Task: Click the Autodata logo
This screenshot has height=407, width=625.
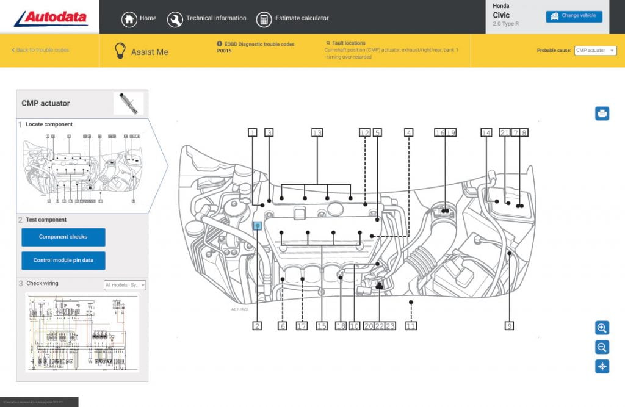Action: [51, 18]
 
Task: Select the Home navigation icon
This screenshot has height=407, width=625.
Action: [129, 19]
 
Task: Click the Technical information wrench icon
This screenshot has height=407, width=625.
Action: [175, 20]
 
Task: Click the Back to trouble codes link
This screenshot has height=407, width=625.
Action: [41, 50]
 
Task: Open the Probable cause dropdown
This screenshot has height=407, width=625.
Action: [595, 51]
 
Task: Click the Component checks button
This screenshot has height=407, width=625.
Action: [63, 237]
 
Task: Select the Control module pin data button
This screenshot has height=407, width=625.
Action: [63, 260]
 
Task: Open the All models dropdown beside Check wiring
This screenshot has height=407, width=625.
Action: [125, 285]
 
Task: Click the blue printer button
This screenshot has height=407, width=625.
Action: [602, 113]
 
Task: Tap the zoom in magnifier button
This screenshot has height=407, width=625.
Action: [602, 328]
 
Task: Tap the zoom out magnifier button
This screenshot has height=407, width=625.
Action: [602, 347]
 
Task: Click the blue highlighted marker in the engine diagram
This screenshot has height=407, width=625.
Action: [258, 226]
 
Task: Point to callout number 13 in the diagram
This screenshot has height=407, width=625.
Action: [317, 132]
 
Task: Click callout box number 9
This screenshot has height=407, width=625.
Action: [509, 326]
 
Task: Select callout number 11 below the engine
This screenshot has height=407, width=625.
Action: [411, 326]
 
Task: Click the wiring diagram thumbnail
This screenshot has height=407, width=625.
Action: [82, 332]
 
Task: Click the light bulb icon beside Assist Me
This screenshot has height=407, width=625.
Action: [120, 51]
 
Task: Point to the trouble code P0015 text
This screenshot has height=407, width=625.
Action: [224, 51]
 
